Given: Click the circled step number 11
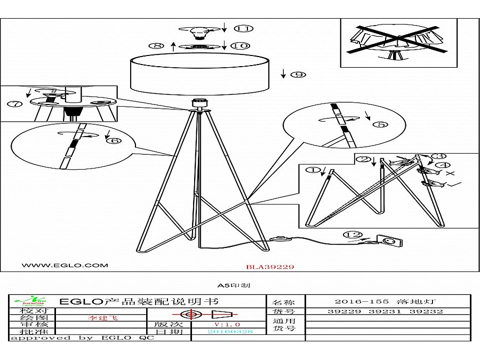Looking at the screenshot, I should pyautogui.click(x=245, y=28).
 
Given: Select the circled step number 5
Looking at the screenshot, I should pyautogui.click(x=380, y=125).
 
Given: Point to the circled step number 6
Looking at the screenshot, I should pyautogui.click(x=113, y=141).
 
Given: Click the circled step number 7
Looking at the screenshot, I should pyautogui.click(x=14, y=104).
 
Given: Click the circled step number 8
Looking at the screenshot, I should pyautogui.click(x=158, y=46).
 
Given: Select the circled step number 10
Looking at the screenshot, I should pyautogui.click(x=241, y=46).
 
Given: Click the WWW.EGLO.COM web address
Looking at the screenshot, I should pyautogui.click(x=65, y=265).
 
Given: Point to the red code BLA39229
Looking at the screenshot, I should pyautogui.click(x=270, y=267).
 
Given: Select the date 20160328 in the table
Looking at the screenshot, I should pyautogui.click(x=230, y=331).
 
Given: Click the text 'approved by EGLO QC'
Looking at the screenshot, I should pyautogui.click(x=83, y=338).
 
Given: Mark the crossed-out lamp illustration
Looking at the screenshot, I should pyautogui.click(x=399, y=43).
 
